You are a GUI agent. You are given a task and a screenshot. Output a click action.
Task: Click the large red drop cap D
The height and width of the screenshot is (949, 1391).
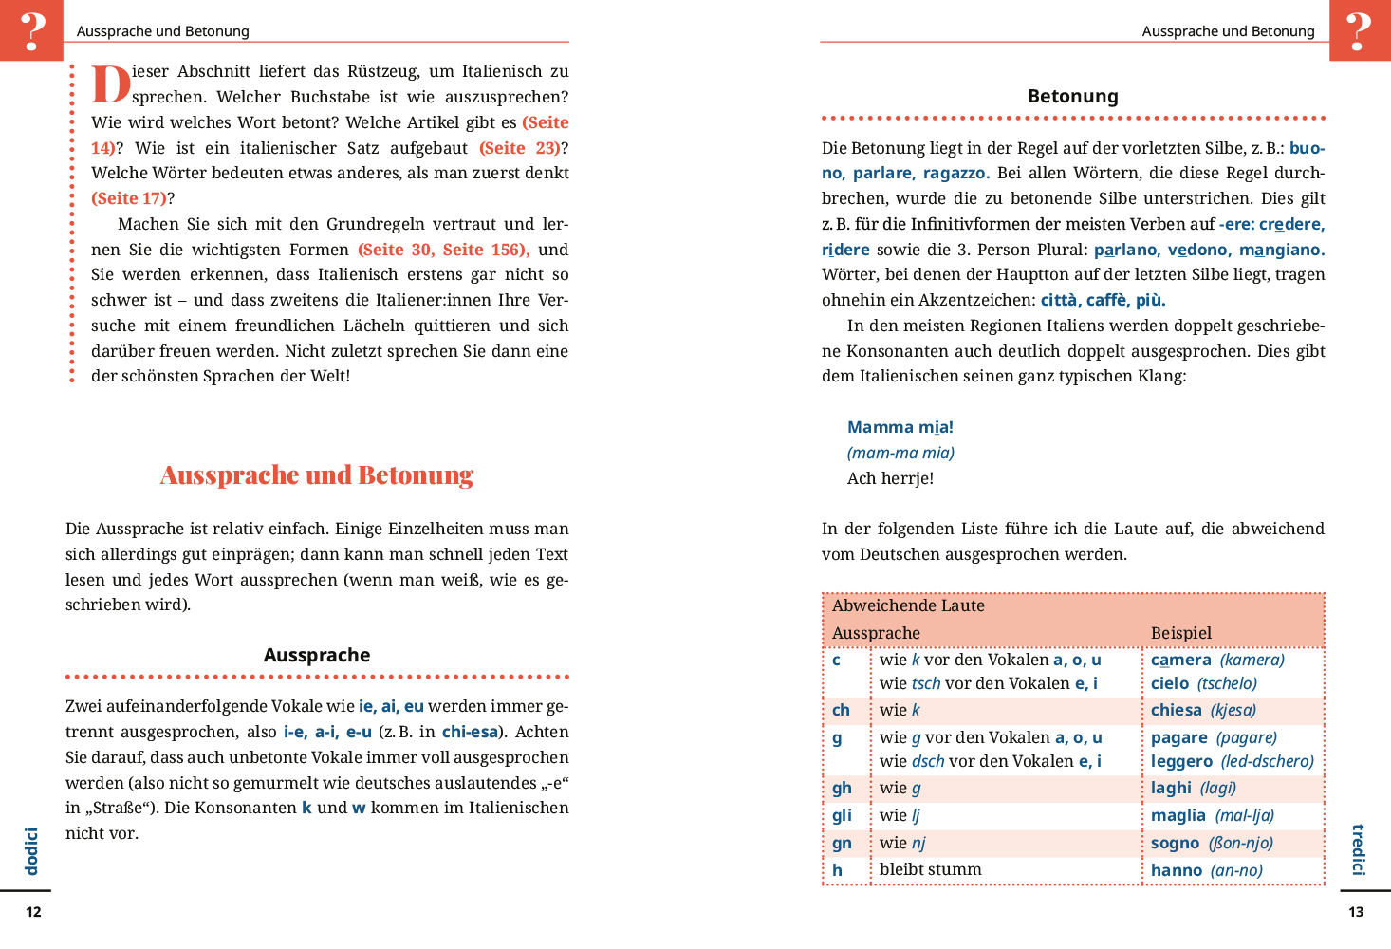[x=110, y=84]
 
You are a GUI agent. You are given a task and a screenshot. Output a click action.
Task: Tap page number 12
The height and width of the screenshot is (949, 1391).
[x=33, y=912]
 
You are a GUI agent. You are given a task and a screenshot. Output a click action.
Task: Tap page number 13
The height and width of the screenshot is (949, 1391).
[x=1356, y=912]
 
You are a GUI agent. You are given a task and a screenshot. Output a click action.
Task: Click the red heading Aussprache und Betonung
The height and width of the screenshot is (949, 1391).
[x=317, y=475]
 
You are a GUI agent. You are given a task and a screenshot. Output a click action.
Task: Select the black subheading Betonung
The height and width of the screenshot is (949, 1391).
[x=1073, y=96]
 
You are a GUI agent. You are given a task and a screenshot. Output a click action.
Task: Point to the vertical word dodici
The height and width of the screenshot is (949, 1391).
[x=31, y=851]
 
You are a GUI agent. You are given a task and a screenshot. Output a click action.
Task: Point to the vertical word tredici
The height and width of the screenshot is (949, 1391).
[x=1358, y=849]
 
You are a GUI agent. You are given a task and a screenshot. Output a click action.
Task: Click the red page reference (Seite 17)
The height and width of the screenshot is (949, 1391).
[x=129, y=198]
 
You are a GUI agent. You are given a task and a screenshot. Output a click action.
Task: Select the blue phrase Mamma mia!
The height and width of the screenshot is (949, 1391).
[x=900, y=427]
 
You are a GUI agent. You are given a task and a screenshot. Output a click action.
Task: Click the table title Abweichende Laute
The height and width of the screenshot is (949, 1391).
[x=908, y=605]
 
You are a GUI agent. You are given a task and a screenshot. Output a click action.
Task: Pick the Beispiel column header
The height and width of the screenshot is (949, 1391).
[x=1181, y=633]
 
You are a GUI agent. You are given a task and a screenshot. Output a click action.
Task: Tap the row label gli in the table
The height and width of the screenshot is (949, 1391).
[x=842, y=815]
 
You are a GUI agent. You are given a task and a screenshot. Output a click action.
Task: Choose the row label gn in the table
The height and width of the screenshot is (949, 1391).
[x=842, y=843]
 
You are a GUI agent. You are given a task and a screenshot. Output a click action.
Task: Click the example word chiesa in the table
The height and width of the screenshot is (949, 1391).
[x=1177, y=710]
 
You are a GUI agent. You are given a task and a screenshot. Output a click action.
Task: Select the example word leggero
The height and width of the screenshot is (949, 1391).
[x=1181, y=761]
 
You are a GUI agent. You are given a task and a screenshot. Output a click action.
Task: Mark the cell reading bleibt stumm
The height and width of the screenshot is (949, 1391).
[x=930, y=869]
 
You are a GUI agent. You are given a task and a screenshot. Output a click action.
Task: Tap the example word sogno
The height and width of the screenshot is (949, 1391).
[x=1175, y=843]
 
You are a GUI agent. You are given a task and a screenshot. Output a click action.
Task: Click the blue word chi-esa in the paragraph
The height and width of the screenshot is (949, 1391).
[x=470, y=732]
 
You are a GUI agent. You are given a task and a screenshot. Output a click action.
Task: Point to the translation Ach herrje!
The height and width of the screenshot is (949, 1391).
[x=890, y=478]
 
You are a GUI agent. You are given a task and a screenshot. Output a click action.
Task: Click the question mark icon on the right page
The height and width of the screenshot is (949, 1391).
[x=1359, y=30]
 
